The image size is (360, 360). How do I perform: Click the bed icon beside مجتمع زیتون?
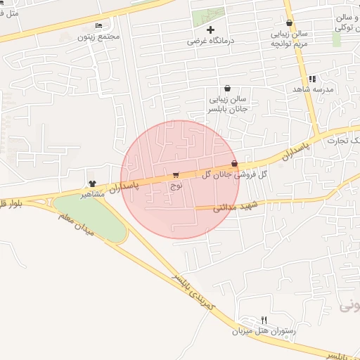click(x=98, y=25)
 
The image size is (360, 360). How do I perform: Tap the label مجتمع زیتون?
click(x=101, y=35)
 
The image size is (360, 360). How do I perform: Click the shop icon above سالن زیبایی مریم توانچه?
click(x=289, y=23)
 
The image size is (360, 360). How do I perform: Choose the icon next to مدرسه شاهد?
click(x=312, y=79)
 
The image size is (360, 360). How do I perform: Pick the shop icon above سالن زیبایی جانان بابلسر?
click(x=227, y=89)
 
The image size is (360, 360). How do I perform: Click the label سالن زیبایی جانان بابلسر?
click(x=227, y=105)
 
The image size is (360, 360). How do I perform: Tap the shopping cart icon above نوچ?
click(x=175, y=175)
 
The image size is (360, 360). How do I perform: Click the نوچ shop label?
click(x=176, y=185)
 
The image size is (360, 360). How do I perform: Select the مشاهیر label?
click(x=92, y=193)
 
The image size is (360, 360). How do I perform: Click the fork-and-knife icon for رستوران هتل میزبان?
click(x=264, y=320)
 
